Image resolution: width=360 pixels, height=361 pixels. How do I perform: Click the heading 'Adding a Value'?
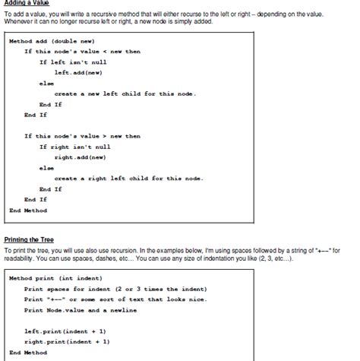click(27, 3)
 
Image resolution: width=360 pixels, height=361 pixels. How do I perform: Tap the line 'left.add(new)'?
click(77, 72)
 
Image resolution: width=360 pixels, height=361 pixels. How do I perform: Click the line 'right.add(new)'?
click(80, 157)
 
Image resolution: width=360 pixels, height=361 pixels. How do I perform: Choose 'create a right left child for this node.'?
click(128, 178)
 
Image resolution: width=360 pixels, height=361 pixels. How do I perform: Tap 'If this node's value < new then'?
click(82, 51)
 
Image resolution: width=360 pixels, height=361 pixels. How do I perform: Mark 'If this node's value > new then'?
click(82, 136)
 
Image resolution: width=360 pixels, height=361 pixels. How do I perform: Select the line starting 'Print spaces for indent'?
click(114, 289)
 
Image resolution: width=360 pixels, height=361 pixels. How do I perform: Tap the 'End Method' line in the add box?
click(27, 210)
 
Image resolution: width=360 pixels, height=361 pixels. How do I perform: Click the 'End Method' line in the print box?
click(27, 353)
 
